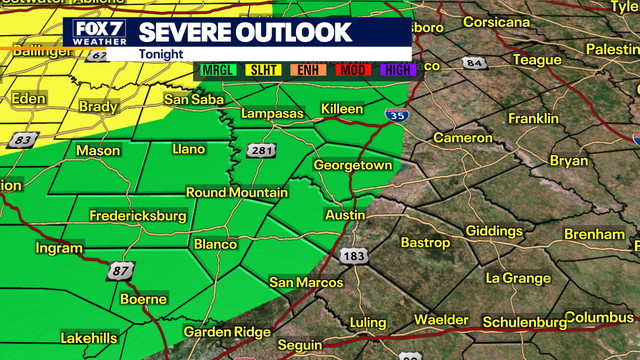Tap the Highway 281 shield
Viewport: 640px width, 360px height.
coord(257,150)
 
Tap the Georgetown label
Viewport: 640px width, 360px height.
coord(352,164)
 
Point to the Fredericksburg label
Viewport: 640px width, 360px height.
coord(138,215)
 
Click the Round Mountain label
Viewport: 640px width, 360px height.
coord(237,192)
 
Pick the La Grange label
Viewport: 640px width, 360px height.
coord(513,276)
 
